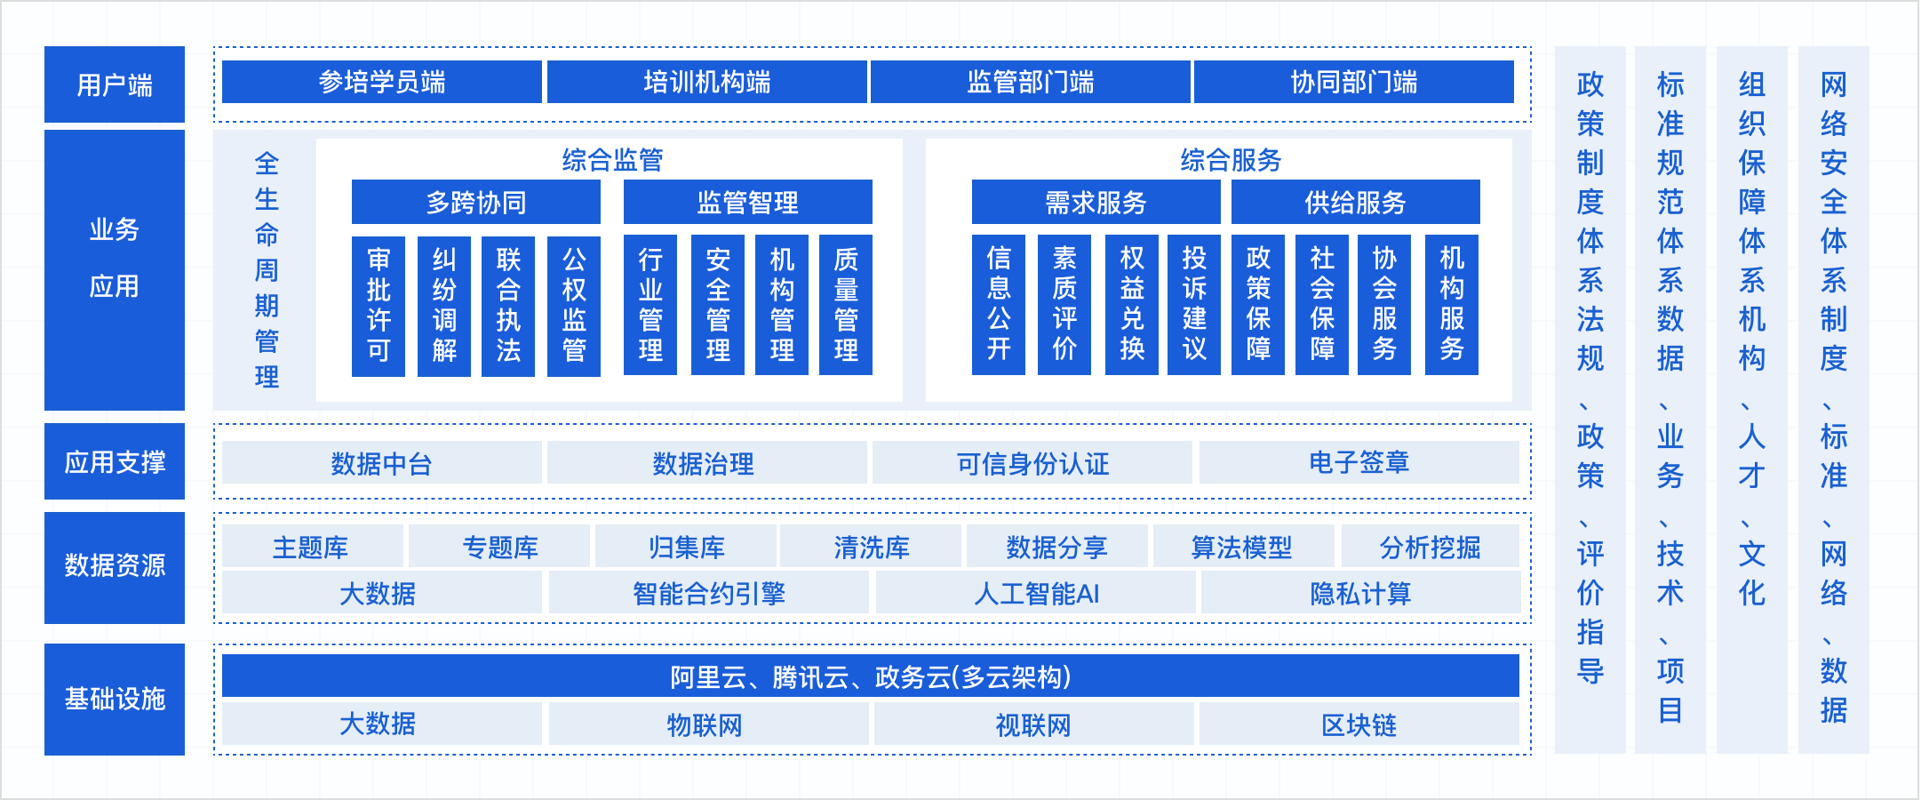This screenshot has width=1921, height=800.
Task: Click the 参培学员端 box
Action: point(382,82)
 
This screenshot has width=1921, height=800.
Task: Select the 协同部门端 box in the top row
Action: point(1353,82)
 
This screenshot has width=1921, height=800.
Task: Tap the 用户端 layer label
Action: point(115,84)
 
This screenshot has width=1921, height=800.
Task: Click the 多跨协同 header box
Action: point(476,203)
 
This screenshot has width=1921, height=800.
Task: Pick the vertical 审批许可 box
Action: point(379,305)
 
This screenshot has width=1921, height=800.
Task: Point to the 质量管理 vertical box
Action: point(846,305)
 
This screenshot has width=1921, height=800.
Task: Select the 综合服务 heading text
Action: point(1231,160)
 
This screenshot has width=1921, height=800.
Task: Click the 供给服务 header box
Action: point(1355,203)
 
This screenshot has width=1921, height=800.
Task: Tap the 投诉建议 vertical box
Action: point(1194,305)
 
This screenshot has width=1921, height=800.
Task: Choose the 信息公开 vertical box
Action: point(999,305)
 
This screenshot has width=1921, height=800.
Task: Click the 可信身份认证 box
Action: point(1032,463)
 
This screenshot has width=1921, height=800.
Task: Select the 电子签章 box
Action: point(1359,463)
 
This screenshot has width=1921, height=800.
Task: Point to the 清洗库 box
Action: point(871,547)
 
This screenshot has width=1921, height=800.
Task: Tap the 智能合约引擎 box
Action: point(708,593)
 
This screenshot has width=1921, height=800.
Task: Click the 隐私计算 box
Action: point(1360,593)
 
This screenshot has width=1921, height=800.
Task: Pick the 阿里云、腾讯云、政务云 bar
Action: point(870,676)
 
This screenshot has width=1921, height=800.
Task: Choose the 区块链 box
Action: point(1359,724)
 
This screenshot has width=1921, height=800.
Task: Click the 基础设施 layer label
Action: point(115,699)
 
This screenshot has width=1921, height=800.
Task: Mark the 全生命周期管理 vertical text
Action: point(267,269)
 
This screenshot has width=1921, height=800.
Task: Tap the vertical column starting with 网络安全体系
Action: point(1833,400)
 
